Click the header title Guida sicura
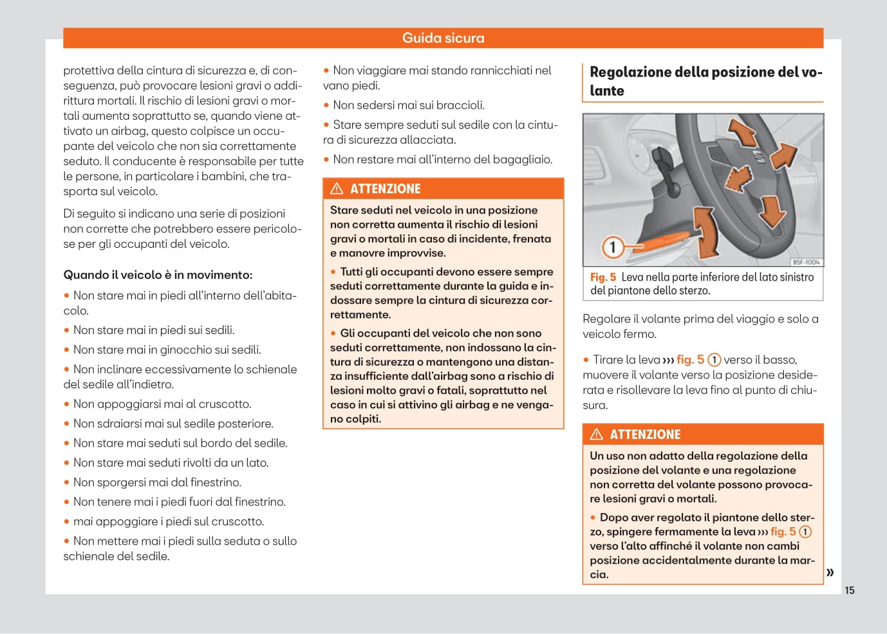[443, 38]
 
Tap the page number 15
[850, 590]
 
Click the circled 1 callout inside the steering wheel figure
[612, 246]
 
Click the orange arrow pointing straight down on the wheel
[772, 211]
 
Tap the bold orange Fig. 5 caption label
[603, 277]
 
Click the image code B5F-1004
[806, 262]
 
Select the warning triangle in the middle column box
[337, 189]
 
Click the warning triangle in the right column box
[597, 434]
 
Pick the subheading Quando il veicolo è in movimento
[158, 275]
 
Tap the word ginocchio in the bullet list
[178, 350]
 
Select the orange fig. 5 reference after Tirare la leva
[690, 360]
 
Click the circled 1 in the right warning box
[805, 532]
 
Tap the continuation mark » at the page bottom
[830, 572]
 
